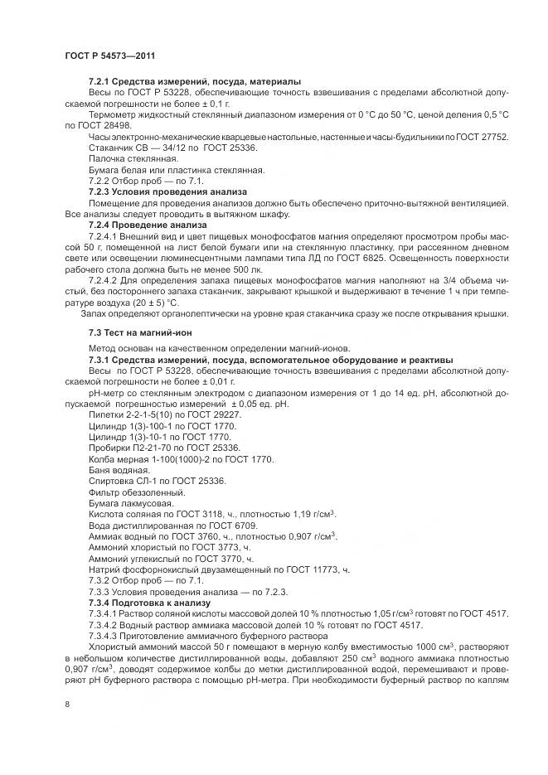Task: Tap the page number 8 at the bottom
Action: click(x=67, y=705)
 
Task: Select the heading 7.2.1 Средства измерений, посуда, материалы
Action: click(x=194, y=81)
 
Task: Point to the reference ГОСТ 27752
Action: click(x=505, y=137)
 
